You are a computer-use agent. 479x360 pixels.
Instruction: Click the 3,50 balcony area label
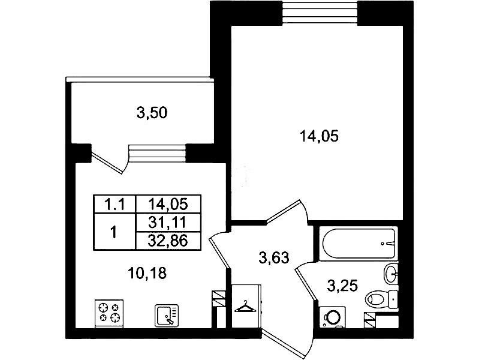[x=152, y=113]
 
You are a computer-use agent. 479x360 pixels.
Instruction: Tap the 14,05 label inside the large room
[x=319, y=136]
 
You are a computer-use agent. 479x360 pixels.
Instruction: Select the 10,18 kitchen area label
[x=147, y=273]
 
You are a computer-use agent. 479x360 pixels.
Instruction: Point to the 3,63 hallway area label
[x=274, y=258]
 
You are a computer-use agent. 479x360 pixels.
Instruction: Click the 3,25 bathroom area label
[x=342, y=286]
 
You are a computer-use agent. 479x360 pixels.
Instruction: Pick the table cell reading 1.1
[x=115, y=204]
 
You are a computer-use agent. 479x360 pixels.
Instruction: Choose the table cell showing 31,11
[x=167, y=223]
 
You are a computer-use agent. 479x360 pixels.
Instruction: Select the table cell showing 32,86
[x=167, y=241]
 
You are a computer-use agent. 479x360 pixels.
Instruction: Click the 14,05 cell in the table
[x=167, y=204]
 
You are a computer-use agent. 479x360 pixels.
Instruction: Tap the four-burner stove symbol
[x=109, y=313]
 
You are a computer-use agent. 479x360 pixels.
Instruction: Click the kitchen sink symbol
[x=167, y=316]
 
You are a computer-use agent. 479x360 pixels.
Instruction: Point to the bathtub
[x=358, y=244]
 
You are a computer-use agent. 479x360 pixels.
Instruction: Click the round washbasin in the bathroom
[x=391, y=273]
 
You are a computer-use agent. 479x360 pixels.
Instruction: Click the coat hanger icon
[x=245, y=307]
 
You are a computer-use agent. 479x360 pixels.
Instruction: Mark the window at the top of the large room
[x=320, y=13]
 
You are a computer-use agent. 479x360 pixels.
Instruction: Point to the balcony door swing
[x=110, y=163]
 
